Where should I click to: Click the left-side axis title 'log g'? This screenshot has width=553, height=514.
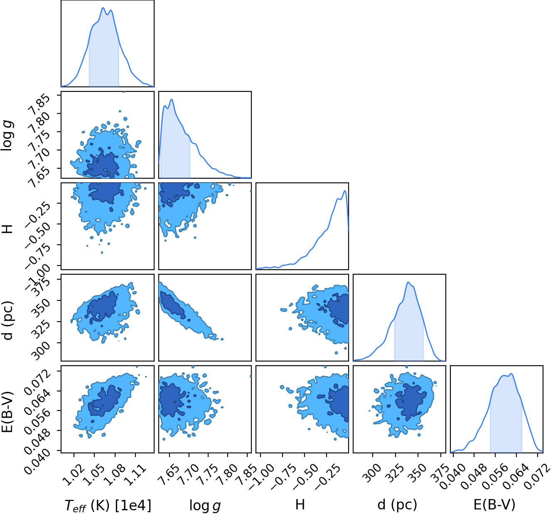[x=7, y=135]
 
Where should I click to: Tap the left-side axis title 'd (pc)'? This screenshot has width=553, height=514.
[x=8, y=320]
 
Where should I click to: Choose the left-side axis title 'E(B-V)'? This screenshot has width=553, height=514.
[x=8, y=412]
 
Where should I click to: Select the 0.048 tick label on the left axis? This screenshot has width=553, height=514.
[x=38, y=440]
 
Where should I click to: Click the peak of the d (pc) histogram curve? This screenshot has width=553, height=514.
[x=408, y=282]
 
